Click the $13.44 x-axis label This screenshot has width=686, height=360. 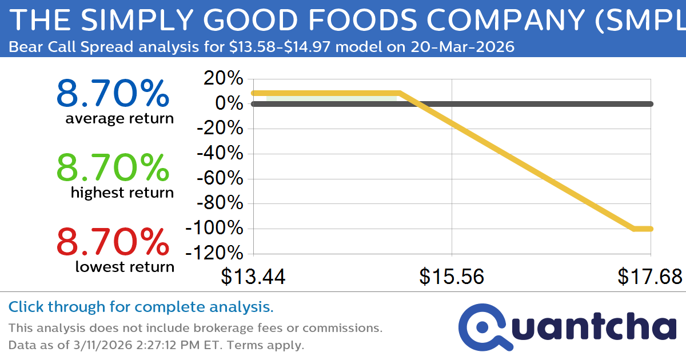253,277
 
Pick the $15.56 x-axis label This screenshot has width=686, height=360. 452,277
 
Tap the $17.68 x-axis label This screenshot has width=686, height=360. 649,277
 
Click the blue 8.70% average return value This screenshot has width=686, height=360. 113,94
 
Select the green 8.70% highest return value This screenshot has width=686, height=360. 113,168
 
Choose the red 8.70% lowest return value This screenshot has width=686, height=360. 113,242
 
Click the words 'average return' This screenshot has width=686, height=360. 119,119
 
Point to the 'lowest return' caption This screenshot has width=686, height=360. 125,267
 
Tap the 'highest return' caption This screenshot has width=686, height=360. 122,193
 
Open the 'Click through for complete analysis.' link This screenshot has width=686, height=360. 141,307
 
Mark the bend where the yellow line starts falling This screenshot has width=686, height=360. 399,93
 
